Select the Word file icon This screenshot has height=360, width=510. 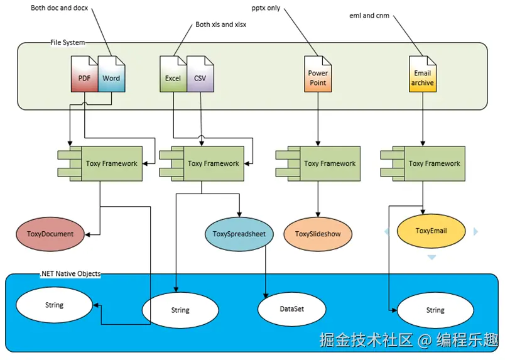tap(111, 75)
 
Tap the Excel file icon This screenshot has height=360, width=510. tap(173, 75)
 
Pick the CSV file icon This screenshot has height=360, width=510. tap(200, 75)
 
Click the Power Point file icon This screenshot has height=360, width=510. tap(318, 75)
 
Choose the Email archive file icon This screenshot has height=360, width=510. tap(422, 75)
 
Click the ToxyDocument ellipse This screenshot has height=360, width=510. tap(50, 234)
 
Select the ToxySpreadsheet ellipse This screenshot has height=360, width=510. tap(239, 234)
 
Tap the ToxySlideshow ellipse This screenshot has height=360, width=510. tap(318, 234)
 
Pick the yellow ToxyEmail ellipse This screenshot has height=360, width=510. tap(431, 231)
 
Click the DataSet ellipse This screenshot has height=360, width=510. tap(292, 308)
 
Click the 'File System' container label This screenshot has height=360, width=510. tap(67, 43)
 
